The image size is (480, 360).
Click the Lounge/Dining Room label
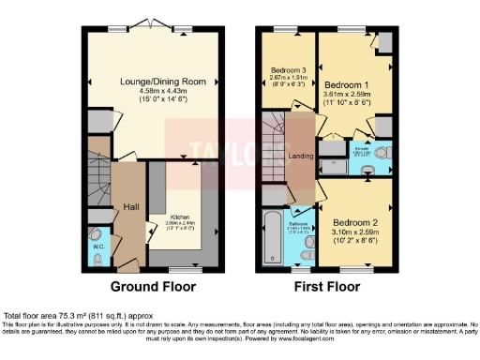(x=156, y=82)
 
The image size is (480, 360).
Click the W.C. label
(x=98, y=248)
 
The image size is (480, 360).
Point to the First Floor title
(x=328, y=285)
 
